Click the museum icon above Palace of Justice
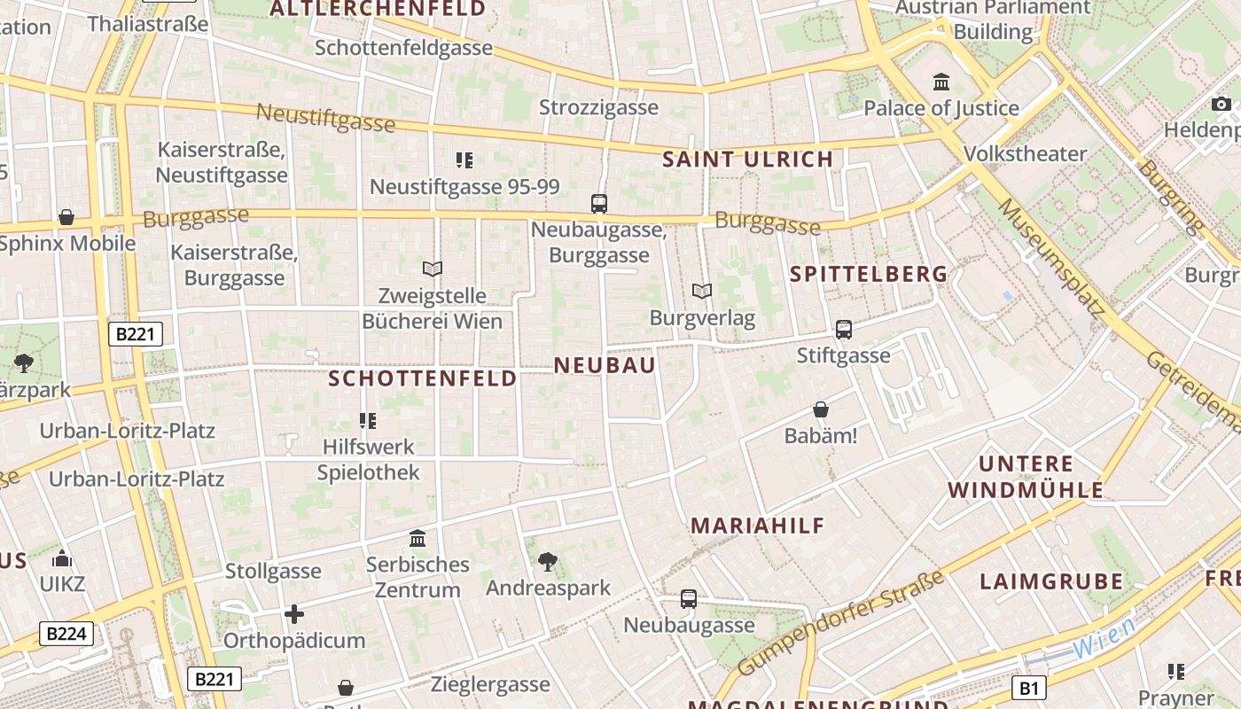click(x=941, y=82)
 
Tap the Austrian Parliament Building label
click(x=993, y=19)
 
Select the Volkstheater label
click(x=1025, y=153)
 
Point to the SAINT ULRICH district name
click(x=748, y=160)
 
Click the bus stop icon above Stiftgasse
click(x=844, y=330)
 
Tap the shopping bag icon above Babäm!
click(x=821, y=410)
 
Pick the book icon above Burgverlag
click(x=701, y=291)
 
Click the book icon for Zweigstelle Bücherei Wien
click(x=433, y=269)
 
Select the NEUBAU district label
click(x=605, y=365)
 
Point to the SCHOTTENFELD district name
click(x=423, y=378)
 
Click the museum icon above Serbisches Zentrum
click(x=418, y=538)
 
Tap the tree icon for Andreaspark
click(x=548, y=561)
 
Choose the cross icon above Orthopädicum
click(x=294, y=613)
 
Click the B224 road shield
click(x=66, y=634)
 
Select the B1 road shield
click(x=1028, y=688)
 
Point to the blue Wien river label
click(x=1104, y=638)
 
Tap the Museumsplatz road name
click(x=1052, y=258)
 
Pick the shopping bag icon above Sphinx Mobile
click(x=66, y=217)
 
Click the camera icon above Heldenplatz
click(x=1221, y=105)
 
